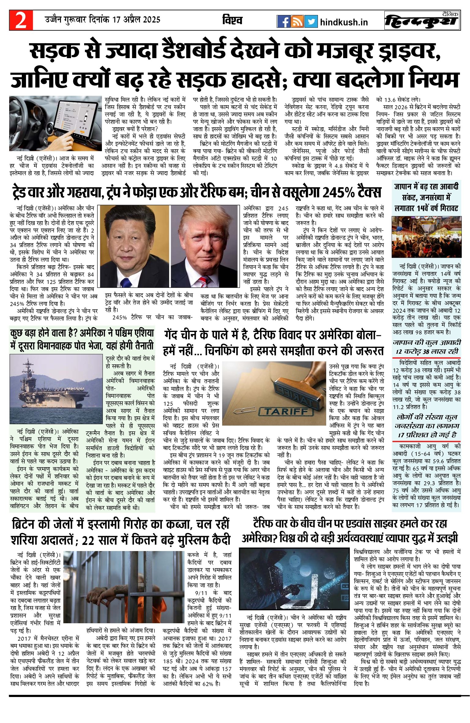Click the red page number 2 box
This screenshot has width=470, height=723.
pyautogui.click(x=21, y=20)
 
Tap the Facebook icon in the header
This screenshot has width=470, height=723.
pyautogui.click(x=283, y=21)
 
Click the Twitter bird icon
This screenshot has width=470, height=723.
pyautogui.click(x=311, y=21)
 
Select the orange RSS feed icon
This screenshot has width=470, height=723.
pyautogui.click(x=297, y=21)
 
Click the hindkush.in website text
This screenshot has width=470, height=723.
pyautogui.click(x=344, y=22)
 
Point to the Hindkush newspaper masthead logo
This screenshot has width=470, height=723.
pyautogui.click(x=422, y=21)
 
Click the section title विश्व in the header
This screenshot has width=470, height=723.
pyautogui.click(x=232, y=20)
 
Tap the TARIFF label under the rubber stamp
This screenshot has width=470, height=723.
pyautogui.click(x=286, y=411)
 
